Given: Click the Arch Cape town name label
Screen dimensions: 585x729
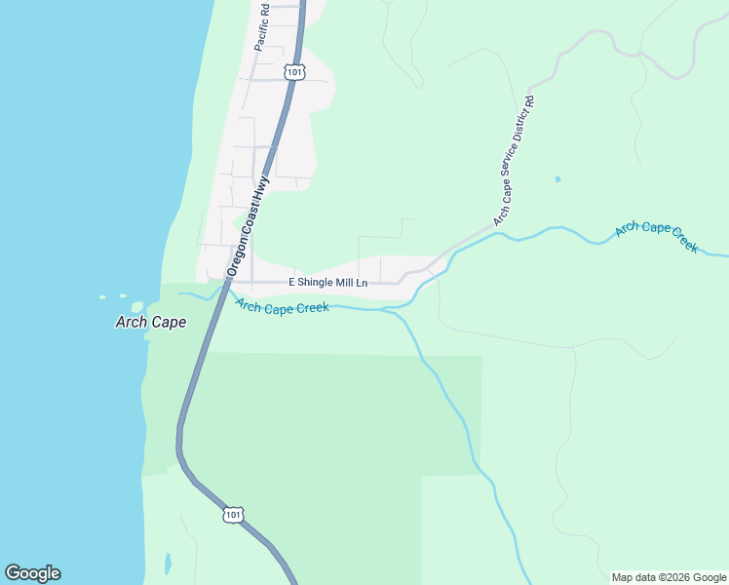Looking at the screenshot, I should tap(150, 322).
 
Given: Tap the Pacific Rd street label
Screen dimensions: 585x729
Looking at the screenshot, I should tap(261, 26).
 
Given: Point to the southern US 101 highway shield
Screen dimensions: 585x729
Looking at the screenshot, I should tap(232, 514).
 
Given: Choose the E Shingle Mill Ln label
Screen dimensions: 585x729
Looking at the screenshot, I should tap(327, 283).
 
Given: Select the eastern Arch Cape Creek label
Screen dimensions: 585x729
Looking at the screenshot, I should tap(656, 237).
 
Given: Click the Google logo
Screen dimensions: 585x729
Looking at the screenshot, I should tap(32, 573).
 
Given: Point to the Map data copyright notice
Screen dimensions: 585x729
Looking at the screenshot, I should tap(669, 577).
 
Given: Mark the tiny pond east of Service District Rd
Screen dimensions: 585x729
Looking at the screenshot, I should tap(557, 179).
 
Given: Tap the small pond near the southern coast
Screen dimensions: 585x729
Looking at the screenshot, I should tap(169, 563).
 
